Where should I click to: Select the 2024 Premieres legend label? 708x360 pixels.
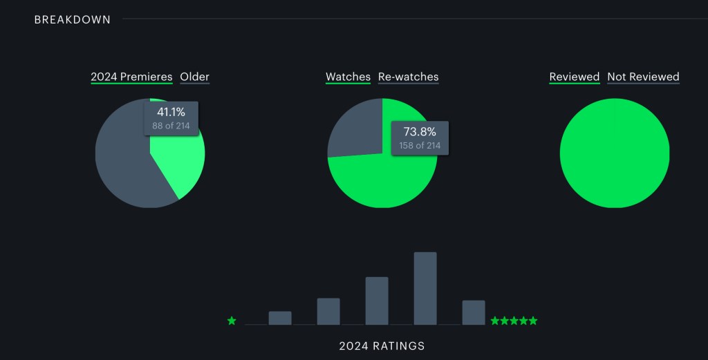(131, 77)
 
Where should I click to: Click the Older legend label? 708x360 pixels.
(194, 77)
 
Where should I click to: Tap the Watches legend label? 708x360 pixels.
(348, 77)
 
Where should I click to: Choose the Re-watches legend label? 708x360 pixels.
(408, 77)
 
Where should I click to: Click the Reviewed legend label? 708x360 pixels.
(574, 77)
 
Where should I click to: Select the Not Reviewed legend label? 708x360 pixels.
(643, 77)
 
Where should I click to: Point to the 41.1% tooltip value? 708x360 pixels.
(171, 112)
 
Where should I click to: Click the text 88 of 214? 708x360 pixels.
(171, 126)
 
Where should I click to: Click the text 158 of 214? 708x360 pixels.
(420, 145)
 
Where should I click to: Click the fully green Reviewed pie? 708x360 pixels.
(615, 153)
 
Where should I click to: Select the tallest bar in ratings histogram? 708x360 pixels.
(425, 288)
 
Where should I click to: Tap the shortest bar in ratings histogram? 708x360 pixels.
(280, 318)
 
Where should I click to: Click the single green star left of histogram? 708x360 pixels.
(232, 321)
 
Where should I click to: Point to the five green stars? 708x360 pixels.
(514, 321)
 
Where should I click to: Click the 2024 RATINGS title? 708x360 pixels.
(382, 345)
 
